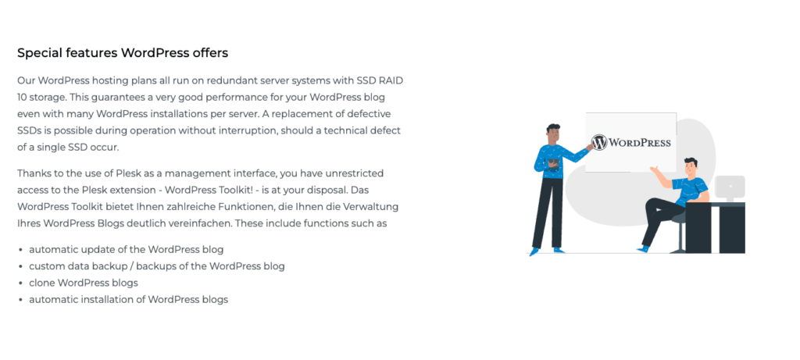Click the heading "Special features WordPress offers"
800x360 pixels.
123,53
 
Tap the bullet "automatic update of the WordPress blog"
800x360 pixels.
127,249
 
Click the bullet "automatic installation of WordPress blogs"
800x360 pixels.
128,299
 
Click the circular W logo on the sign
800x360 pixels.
599,143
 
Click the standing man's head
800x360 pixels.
553,134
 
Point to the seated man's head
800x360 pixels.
690,166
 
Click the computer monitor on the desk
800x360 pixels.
730,187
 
